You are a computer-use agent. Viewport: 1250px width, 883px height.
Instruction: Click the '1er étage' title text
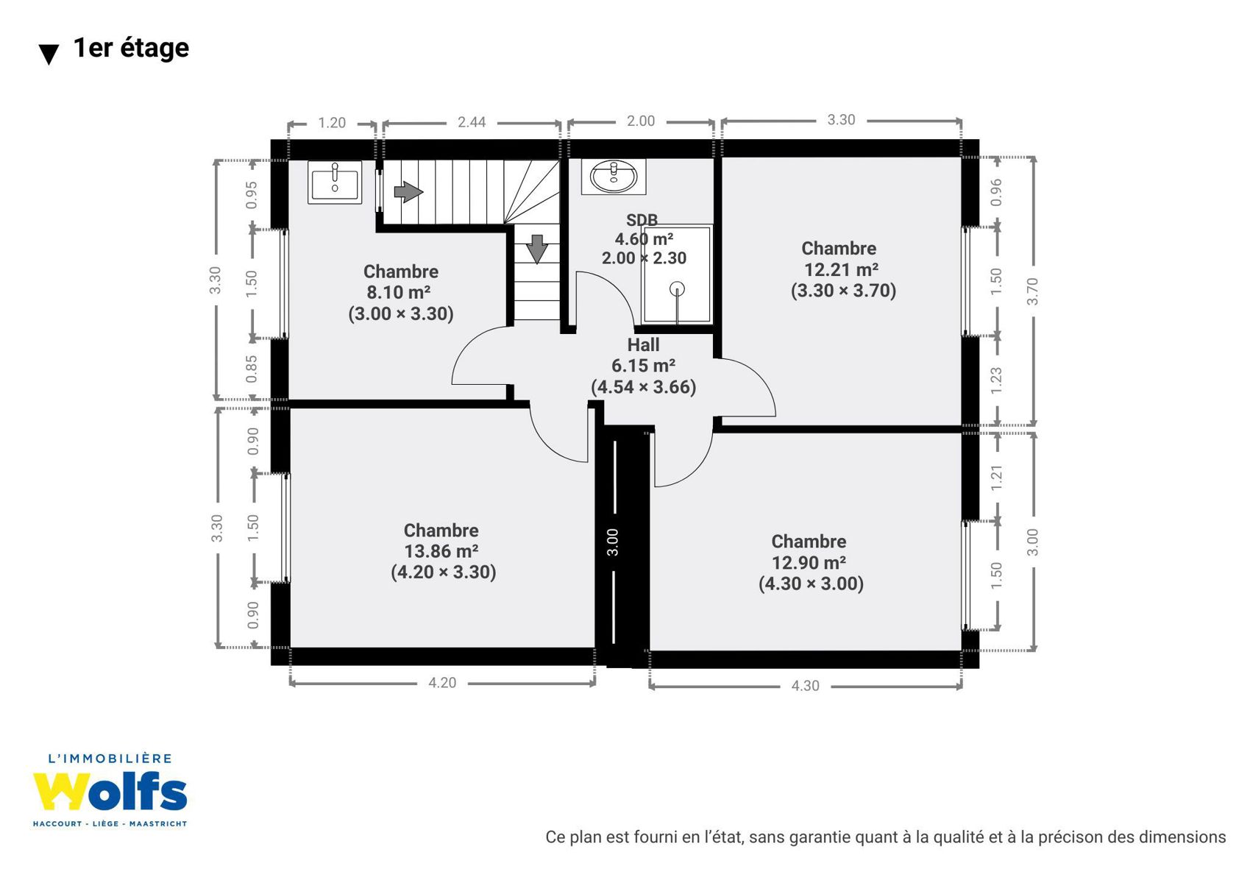131,49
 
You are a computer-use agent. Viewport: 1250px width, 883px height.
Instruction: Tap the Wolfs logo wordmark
110,792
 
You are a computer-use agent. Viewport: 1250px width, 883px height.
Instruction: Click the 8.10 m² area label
399,292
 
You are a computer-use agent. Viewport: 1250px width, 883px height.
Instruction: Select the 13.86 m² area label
441,551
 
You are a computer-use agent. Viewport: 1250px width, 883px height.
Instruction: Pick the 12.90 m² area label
809,563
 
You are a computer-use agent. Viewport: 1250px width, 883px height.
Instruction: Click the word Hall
643,345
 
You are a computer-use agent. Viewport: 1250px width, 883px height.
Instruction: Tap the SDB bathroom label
642,219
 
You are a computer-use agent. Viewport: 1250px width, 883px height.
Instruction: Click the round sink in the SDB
614,177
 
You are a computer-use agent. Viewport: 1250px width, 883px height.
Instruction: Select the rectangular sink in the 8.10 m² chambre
335,182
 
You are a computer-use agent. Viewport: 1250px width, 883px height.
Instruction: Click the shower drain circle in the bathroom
677,289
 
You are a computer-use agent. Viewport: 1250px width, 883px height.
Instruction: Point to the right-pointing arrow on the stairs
408,191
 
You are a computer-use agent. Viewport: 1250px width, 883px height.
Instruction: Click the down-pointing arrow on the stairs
537,249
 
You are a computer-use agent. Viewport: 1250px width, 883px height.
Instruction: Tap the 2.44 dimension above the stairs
472,122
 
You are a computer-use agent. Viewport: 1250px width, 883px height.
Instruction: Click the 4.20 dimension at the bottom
442,683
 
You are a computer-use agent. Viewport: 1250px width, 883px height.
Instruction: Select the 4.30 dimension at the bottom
805,685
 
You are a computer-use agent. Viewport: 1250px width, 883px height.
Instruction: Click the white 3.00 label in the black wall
613,542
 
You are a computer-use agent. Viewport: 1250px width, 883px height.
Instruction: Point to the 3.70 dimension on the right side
1033,291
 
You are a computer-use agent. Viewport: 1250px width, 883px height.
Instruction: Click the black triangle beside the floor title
49,55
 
